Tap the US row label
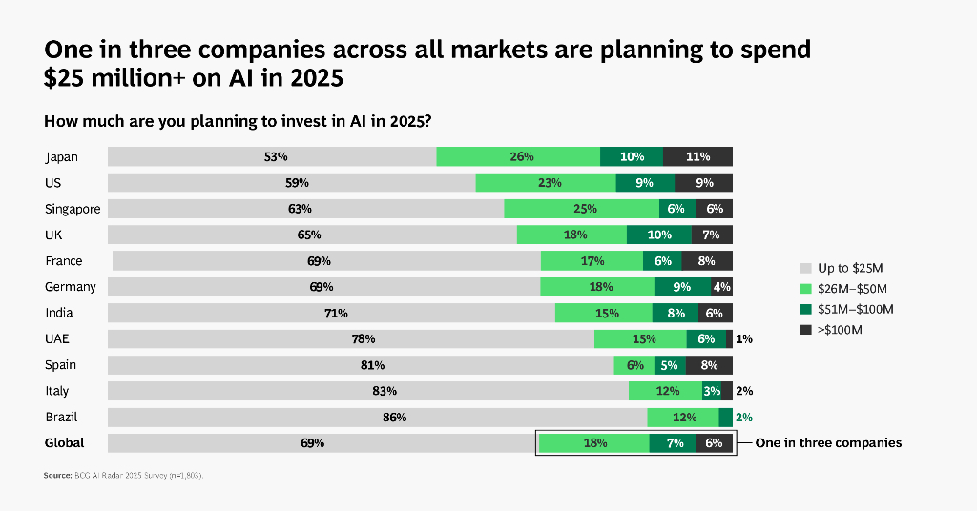tap(53, 183)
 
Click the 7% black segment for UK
tap(712, 235)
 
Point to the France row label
tap(64, 261)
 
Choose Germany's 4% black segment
tap(722, 287)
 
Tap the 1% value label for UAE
tap(744, 338)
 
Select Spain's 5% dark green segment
tap(668, 365)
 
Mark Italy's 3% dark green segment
tap(712, 391)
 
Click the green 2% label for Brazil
tap(744, 417)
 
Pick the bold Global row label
tap(65, 442)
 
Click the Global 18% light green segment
tap(594, 442)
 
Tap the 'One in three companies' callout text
tap(828, 442)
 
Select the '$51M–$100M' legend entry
tap(855, 309)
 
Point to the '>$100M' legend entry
tap(840, 330)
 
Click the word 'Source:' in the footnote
tap(58, 475)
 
